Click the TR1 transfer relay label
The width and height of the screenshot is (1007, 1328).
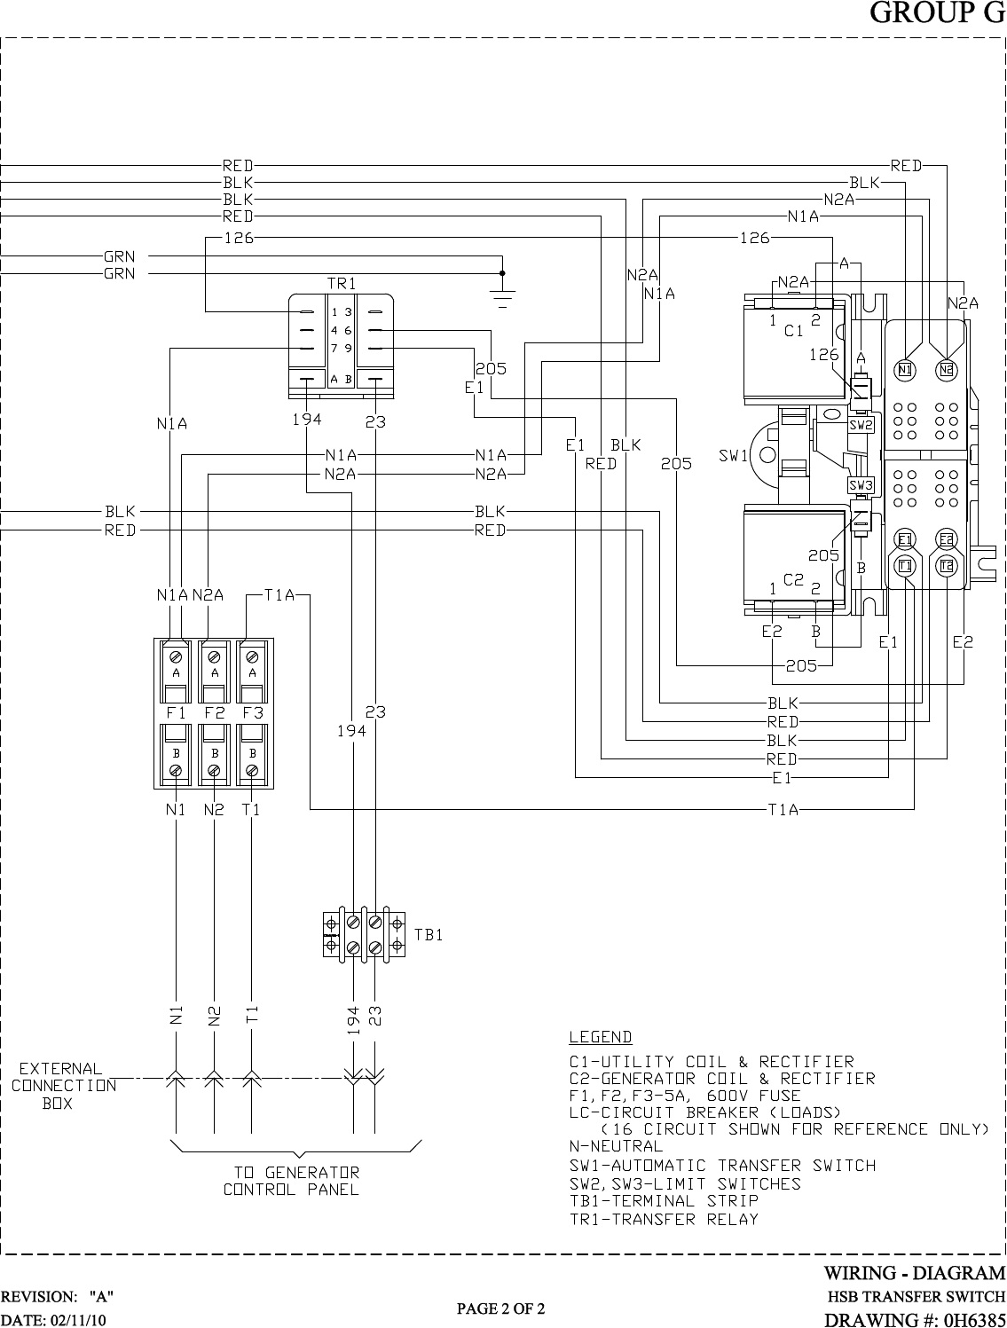click(342, 283)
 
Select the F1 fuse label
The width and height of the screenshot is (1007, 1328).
click(176, 712)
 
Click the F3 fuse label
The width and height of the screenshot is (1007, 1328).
click(253, 712)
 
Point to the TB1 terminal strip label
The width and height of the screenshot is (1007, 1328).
click(429, 935)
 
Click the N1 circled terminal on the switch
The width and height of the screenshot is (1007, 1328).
click(905, 370)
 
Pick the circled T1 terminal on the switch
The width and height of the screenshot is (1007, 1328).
click(905, 566)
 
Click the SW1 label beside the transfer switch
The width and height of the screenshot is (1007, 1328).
click(733, 456)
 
